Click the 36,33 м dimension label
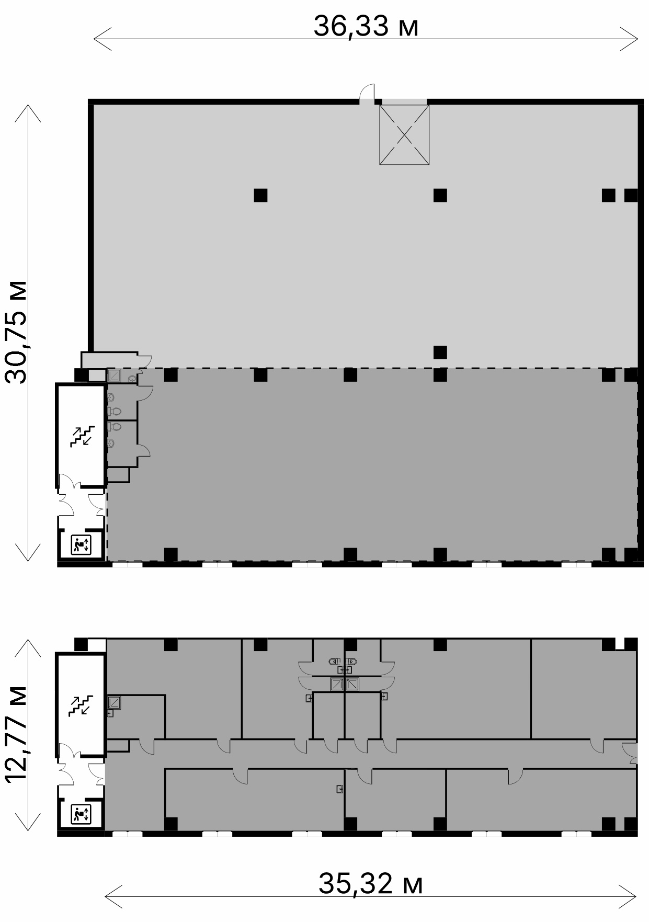366,26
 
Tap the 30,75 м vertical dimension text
16,333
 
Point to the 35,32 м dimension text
371,883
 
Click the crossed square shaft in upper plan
404,135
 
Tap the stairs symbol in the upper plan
83,436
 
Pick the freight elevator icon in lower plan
81,814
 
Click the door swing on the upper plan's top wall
367,92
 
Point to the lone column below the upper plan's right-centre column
440,352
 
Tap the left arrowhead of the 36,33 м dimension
103,39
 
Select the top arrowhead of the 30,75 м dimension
28,113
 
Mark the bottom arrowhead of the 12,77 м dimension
28,822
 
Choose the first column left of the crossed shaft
260,195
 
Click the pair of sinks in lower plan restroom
344,661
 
